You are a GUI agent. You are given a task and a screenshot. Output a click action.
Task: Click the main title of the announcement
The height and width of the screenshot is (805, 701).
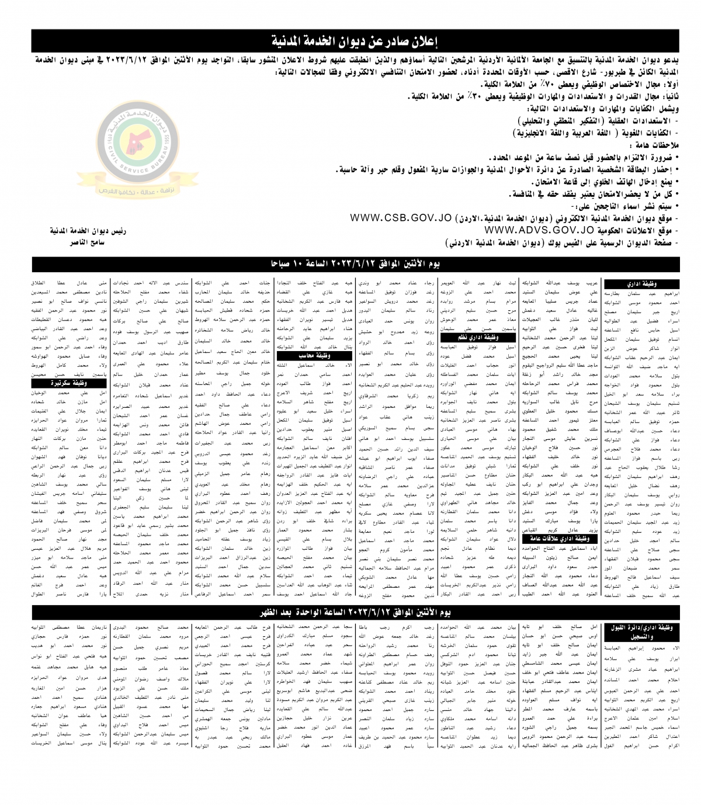click(x=356, y=41)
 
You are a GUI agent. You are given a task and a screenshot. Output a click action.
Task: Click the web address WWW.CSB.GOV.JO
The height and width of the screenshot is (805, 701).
click(x=401, y=218)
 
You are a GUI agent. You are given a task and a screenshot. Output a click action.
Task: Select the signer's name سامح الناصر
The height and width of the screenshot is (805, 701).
click(x=86, y=241)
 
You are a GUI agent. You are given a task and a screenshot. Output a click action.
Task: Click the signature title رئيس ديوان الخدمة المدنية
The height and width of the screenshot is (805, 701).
click(x=86, y=231)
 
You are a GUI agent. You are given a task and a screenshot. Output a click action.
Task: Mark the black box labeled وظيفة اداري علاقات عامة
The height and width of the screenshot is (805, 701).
click(x=546, y=539)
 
